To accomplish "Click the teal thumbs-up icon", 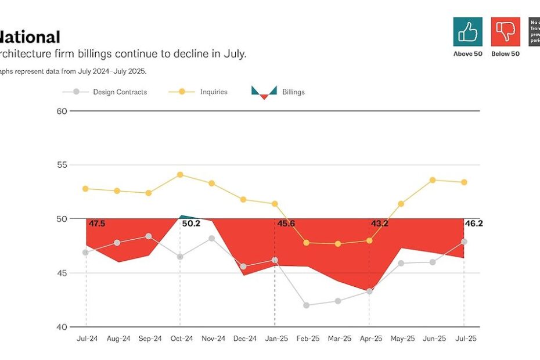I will point(467,31).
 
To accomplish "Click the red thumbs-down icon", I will point(505,31).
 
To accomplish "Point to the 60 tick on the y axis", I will point(62,111).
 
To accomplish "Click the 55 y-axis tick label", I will point(62,165).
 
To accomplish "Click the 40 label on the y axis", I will point(62,327).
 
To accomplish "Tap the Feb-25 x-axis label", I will point(307,339).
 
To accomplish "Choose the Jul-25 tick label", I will point(464,339).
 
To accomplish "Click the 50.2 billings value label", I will point(191,224).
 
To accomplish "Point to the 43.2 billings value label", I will point(380,224).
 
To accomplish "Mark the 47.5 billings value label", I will point(97,224).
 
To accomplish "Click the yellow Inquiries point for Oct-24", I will point(180,174).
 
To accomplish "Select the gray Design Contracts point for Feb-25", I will point(306,305).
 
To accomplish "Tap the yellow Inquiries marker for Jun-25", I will point(433,180).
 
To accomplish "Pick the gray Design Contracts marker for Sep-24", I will point(149,236).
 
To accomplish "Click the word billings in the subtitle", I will point(92,53).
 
